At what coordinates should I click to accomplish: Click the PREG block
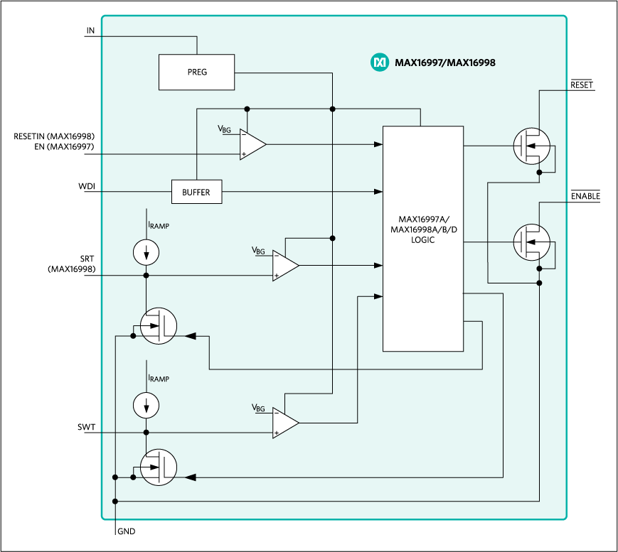tap(196, 72)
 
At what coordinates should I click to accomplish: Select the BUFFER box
tap(196, 192)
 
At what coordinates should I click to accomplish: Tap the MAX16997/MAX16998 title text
tap(444, 63)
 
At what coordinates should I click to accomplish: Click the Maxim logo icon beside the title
tap(380, 63)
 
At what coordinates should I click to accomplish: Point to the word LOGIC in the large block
tap(422, 240)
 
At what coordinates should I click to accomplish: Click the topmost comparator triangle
tap(251, 144)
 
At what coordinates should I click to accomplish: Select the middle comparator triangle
tap(284, 266)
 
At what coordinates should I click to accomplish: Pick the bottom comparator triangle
tap(284, 423)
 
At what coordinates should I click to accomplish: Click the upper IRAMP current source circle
tap(146, 251)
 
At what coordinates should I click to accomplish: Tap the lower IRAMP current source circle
tap(146, 406)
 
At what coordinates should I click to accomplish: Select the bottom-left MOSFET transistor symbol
tap(158, 467)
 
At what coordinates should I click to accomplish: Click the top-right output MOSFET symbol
tap(531, 146)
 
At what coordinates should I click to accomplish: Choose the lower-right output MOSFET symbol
tap(531, 242)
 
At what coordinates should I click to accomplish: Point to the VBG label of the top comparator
tap(224, 129)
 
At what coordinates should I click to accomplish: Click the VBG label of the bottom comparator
tap(258, 408)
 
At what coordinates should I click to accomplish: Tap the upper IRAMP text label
tap(159, 225)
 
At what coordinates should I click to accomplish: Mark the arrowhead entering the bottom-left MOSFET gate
tap(190, 477)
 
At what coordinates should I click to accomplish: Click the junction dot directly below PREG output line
tap(332, 109)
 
